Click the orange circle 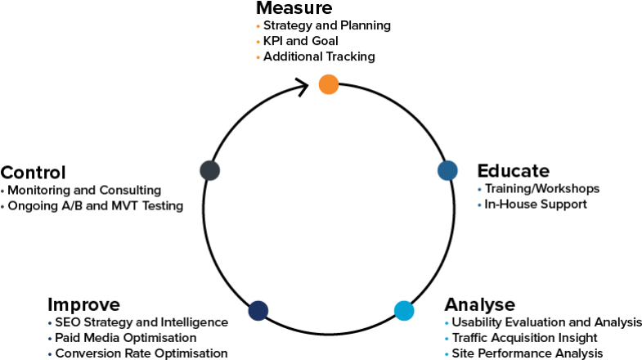click(328, 84)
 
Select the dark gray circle click(209, 170)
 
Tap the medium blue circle click(447, 170)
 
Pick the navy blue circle click(258, 310)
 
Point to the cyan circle click(404, 310)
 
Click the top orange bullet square click(258, 26)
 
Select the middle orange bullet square click(258, 42)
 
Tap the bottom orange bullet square click(258, 57)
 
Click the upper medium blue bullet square click(479, 189)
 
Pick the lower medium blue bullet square click(479, 205)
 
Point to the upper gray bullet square click(2, 191)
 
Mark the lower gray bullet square click(2, 206)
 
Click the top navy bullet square click(50, 322)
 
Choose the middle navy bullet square click(50, 338)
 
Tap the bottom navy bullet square click(50, 353)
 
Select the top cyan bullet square click(447, 322)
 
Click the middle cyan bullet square click(447, 338)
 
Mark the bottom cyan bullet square click(447, 353)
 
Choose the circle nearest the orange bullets click(328, 84)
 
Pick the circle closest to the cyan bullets click(404, 310)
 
